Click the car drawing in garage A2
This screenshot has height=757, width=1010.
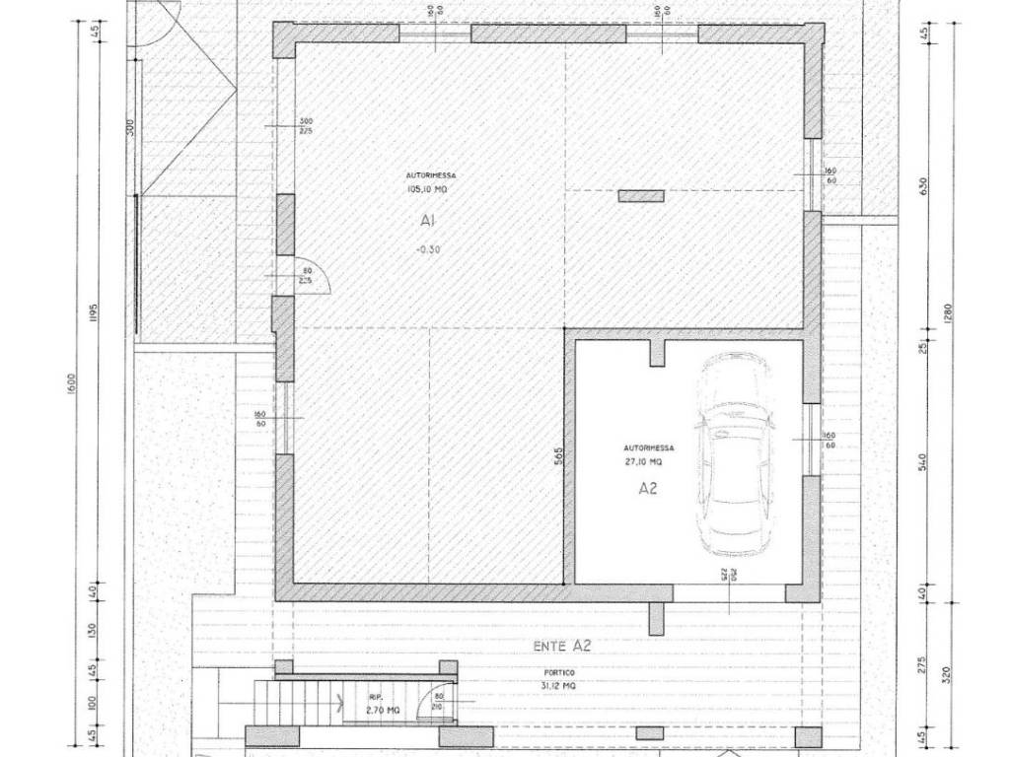coord(735,455)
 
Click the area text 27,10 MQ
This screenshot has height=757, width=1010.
coord(642,460)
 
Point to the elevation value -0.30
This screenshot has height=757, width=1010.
coord(428,249)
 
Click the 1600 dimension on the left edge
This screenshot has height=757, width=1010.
coord(72,385)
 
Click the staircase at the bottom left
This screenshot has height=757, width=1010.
coord(295,703)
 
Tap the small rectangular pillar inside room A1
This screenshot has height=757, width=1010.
coord(640,196)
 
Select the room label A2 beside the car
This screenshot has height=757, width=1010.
coord(648,487)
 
